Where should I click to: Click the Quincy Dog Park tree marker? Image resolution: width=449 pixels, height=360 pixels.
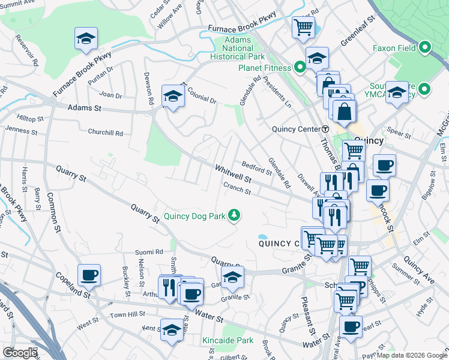235,215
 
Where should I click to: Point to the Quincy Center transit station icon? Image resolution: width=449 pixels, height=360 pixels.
325,128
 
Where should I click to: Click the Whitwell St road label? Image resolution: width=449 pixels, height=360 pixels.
234,173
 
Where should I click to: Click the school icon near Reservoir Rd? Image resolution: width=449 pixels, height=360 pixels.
86,38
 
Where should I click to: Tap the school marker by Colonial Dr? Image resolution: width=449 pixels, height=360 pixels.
173,96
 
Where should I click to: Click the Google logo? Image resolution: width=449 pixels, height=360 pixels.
20,353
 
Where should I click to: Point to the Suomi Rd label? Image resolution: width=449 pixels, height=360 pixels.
149,252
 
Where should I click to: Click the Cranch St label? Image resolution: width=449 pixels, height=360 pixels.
237,188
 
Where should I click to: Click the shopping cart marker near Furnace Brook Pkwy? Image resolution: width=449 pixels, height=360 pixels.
303,26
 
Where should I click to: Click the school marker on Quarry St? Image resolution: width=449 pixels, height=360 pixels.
232,277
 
